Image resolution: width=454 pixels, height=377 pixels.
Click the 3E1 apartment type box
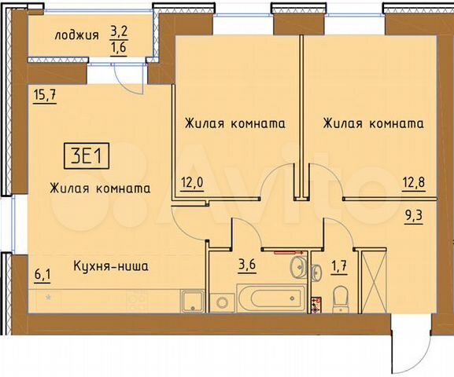click(x=87, y=155)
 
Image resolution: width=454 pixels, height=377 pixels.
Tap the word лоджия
click(x=77, y=35)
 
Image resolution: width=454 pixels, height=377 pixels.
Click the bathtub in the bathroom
click(x=268, y=299)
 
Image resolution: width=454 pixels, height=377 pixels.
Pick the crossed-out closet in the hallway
click(x=371, y=280)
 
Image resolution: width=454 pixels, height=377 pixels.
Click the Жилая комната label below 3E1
click(x=99, y=188)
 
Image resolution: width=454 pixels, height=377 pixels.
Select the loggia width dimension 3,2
click(x=118, y=32)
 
